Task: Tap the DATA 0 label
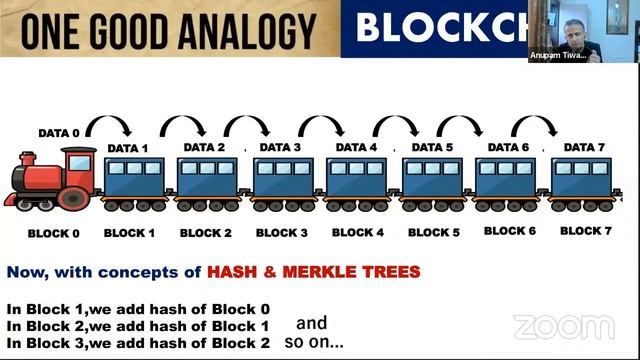pos(58,132)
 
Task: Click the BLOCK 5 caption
pos(433,233)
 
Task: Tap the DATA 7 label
pos(584,147)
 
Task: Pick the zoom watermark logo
pos(564,326)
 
